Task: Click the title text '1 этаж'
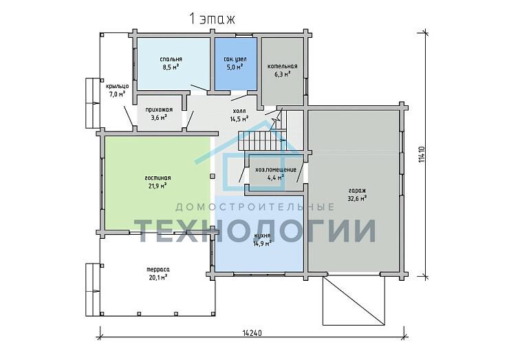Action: [x=212, y=19]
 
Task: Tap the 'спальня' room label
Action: [x=171, y=59]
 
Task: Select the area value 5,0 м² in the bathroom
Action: [x=235, y=67]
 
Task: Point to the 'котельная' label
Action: [x=282, y=66]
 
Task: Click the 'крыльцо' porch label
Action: [x=118, y=87]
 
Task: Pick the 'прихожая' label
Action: [x=159, y=109]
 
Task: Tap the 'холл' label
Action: [x=239, y=111]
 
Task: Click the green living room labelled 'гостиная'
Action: [x=158, y=184]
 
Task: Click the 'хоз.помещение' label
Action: [x=276, y=169]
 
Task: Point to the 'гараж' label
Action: [x=357, y=191]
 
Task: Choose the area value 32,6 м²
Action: [x=357, y=198]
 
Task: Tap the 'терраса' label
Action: [x=158, y=269]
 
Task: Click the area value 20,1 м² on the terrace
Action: [x=158, y=277]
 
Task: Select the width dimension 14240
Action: [x=252, y=332]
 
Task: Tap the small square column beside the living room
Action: [x=213, y=176]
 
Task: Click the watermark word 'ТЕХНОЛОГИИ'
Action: [x=255, y=231]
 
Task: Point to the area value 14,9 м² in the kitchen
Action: [x=262, y=244]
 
